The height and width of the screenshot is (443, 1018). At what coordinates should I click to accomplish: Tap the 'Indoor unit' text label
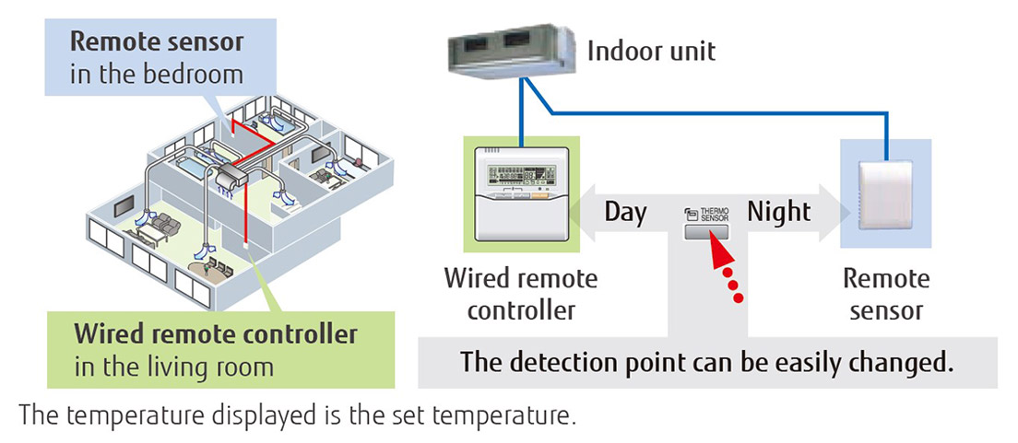(x=651, y=50)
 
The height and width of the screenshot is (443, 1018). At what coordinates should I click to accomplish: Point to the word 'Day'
(x=625, y=212)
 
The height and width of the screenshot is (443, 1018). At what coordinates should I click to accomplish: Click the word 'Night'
(x=778, y=212)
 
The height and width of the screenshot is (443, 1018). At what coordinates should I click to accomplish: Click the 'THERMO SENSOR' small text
(x=714, y=214)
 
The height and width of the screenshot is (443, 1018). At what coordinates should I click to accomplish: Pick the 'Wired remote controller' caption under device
(x=521, y=294)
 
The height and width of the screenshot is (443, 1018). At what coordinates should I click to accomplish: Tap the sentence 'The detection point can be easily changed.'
(x=706, y=361)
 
